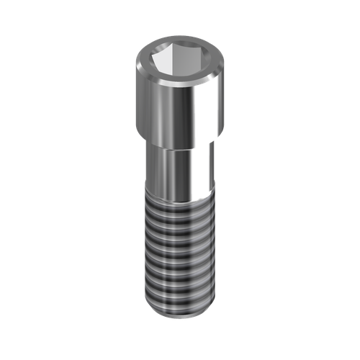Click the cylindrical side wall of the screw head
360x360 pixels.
162,108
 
